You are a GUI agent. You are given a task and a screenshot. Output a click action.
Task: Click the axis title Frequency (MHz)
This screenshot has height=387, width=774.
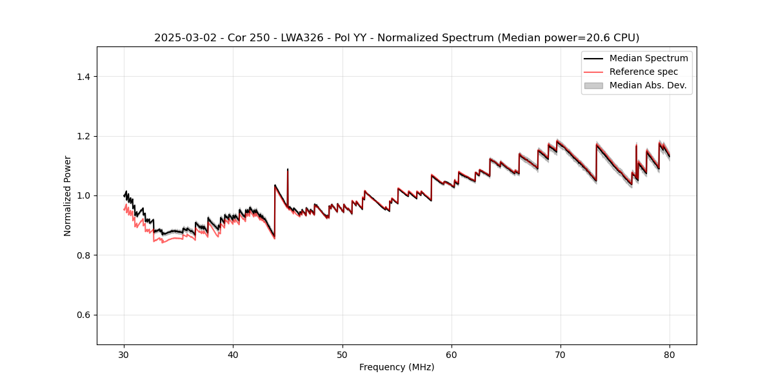point(397,367)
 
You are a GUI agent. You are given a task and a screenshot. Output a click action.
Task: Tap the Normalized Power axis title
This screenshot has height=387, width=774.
point(68,195)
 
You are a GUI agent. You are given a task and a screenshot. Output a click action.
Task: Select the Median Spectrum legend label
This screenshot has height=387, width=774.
point(648,58)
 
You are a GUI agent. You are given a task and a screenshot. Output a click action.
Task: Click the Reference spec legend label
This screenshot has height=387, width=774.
point(644,72)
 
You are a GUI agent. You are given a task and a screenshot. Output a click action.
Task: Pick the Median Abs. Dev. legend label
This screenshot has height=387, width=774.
point(648,85)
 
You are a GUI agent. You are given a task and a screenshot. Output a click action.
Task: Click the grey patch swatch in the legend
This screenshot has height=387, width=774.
point(593,85)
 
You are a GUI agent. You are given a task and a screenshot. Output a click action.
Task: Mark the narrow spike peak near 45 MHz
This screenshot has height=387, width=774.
point(288,170)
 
